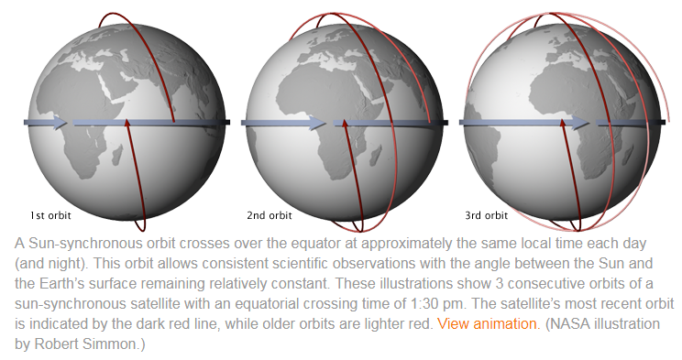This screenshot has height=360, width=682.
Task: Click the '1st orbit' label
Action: [50, 215]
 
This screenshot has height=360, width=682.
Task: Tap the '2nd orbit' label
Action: [269, 215]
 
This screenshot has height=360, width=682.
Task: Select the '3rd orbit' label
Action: [486, 215]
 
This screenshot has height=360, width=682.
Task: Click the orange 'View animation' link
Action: [487, 324]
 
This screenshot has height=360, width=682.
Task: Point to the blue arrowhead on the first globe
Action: [60, 122]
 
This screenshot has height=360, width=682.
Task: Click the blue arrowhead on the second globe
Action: [317, 123]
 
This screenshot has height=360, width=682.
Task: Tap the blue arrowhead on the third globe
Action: [580, 123]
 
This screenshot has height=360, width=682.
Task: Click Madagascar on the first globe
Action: [116, 156]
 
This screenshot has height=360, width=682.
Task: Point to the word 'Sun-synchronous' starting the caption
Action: [84, 243]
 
